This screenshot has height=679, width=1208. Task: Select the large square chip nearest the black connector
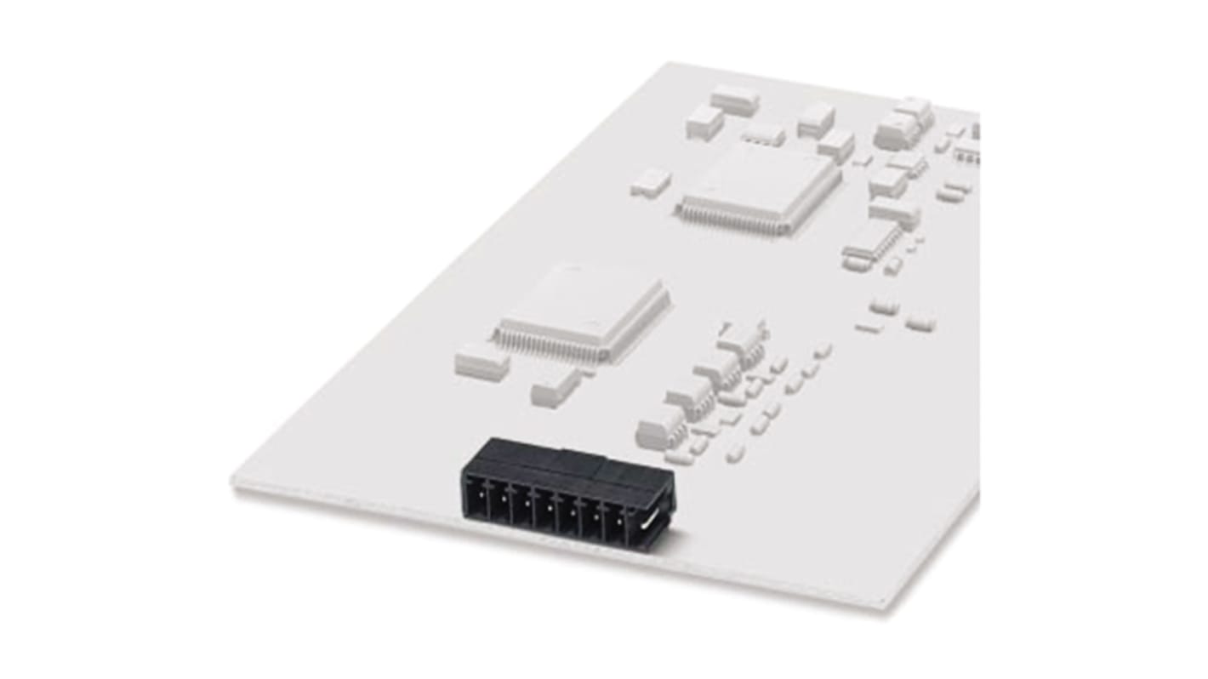coord(584,311)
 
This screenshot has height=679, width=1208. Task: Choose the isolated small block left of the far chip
coord(651,182)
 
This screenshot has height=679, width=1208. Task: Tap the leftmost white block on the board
coord(481,361)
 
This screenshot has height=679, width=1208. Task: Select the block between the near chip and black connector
coord(556,386)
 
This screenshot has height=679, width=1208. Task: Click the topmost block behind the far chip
coord(734,100)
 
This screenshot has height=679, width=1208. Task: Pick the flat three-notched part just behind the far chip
coord(763,134)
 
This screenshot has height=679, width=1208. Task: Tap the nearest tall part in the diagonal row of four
coord(660,425)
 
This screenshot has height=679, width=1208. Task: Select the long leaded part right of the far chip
coord(871,243)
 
